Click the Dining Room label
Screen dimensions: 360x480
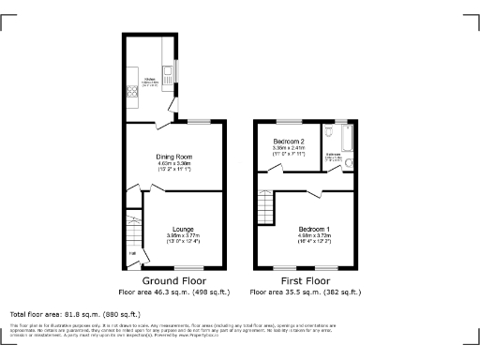(174, 156)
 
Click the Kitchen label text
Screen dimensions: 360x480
(148, 82)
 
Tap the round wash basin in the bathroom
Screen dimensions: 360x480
(349, 165)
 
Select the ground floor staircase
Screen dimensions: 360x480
(132, 225)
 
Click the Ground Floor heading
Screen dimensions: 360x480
(174, 280)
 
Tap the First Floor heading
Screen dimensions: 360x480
(307, 280)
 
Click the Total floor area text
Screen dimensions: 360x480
(75, 314)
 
